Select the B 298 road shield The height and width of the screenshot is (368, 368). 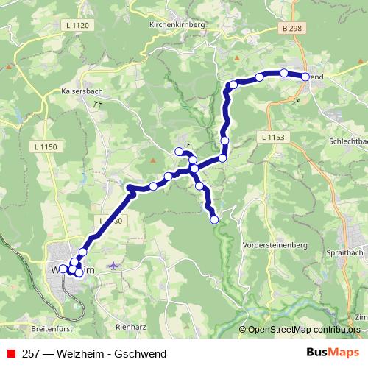pyautogui.click(x=292, y=28)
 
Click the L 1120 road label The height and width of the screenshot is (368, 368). pyautogui.click(x=77, y=26)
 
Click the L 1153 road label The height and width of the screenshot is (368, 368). pyautogui.click(x=272, y=138)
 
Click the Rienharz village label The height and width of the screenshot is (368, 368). pyautogui.click(x=132, y=325)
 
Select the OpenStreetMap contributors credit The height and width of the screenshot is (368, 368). pyautogui.click(x=303, y=329)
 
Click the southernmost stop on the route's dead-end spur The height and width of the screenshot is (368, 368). pyautogui.click(x=215, y=219)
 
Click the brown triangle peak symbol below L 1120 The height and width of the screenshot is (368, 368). pyautogui.click(x=10, y=66)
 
